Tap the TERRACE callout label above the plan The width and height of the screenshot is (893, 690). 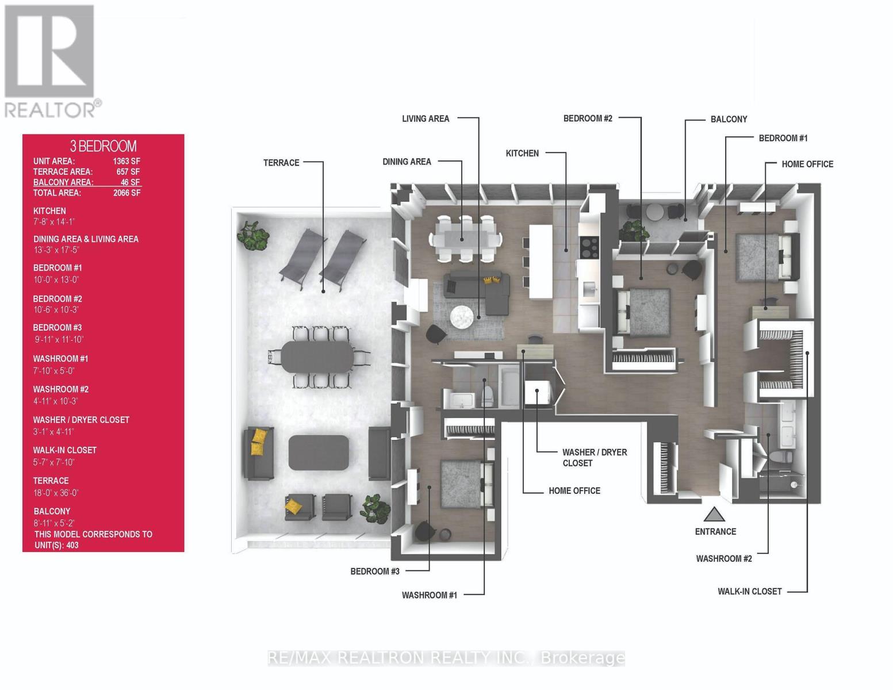point(281,163)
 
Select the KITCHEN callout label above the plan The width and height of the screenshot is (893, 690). point(522,154)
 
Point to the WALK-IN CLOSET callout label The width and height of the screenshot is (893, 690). point(750,591)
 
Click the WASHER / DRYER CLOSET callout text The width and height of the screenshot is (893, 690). point(594,457)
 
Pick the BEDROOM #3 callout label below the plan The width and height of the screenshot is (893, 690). point(375,571)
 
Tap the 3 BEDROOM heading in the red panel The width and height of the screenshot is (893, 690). point(103,146)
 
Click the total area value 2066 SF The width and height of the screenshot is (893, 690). point(127,193)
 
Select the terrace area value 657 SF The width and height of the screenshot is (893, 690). point(128,172)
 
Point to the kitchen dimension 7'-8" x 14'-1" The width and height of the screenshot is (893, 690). point(54,222)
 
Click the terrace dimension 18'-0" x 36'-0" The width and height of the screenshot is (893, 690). point(56,492)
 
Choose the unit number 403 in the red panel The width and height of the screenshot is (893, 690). point(72,545)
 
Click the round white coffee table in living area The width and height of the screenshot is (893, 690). point(462,317)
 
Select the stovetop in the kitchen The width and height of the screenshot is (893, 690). point(589,247)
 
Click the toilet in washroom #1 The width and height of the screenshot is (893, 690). point(487,396)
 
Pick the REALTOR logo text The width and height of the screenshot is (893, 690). point(50,110)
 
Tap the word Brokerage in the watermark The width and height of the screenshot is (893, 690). point(582,658)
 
